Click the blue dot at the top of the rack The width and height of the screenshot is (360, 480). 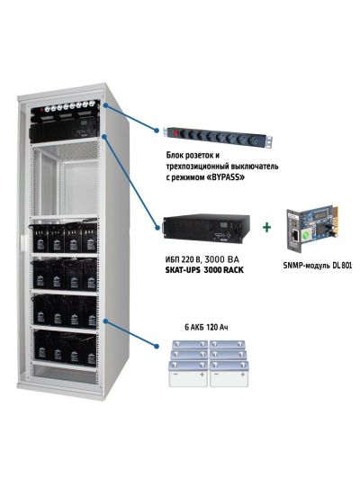[106, 105]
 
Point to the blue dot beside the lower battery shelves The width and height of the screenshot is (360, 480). [106, 318]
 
